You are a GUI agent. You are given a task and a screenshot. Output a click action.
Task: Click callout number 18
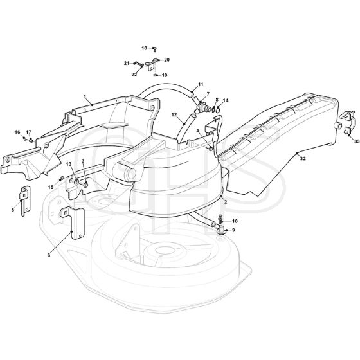tap(144, 48)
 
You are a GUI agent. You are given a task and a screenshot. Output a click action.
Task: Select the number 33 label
tap(357, 141)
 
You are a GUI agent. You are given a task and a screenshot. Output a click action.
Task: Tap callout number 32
tap(303, 158)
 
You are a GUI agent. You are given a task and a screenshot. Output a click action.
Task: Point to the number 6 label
tap(49, 255)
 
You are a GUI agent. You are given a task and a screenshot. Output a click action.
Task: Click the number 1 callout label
tap(85, 96)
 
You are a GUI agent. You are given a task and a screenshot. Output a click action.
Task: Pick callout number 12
tap(174, 114)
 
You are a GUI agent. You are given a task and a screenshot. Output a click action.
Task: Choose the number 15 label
tap(51, 187)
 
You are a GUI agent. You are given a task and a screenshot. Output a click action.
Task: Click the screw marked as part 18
tap(155, 48)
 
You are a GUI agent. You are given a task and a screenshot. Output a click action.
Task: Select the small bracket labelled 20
tap(151, 64)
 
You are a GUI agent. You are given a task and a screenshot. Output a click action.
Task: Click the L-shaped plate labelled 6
tap(73, 222)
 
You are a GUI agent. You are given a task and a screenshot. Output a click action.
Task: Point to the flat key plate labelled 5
tap(25, 200)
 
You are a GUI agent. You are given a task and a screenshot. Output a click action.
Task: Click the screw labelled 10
tap(221, 219)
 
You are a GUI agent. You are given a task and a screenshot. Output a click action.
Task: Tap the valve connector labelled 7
tap(200, 105)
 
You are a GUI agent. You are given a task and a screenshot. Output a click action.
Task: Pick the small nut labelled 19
tap(156, 75)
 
